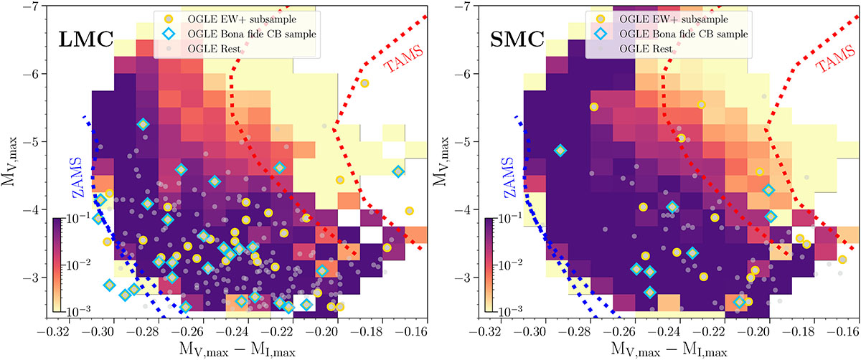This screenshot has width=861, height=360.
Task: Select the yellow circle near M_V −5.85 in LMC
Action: [364, 84]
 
